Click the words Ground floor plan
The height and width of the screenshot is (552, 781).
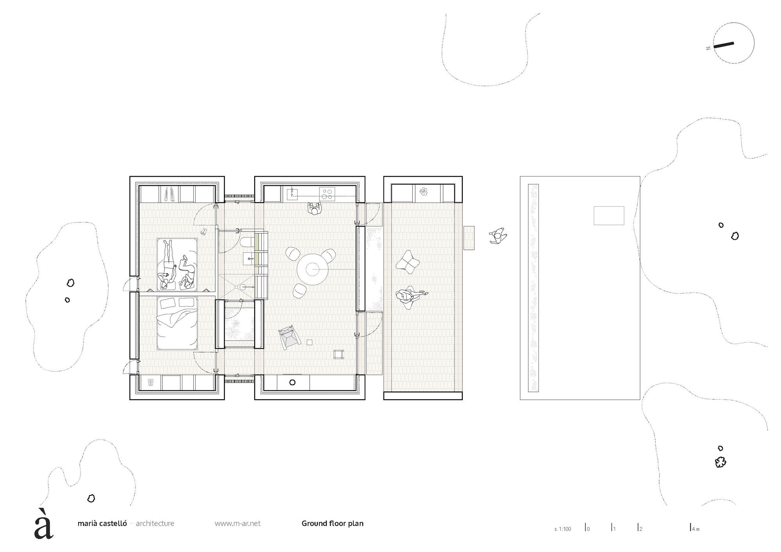coord(332,523)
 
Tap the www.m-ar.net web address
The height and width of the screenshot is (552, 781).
coord(237,524)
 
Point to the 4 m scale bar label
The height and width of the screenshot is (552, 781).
coord(696,529)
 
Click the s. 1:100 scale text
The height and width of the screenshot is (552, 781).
coord(562,529)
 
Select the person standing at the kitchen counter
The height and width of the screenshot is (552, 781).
coord(314,209)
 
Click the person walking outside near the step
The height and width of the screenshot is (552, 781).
coord(498,236)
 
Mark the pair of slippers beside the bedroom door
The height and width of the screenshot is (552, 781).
coord(204,232)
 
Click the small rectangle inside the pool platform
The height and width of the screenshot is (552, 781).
coord(609,215)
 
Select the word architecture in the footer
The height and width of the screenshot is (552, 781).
coord(155,524)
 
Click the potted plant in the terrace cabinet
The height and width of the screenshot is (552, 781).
coord(424,192)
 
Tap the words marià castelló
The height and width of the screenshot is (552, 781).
coord(102,524)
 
